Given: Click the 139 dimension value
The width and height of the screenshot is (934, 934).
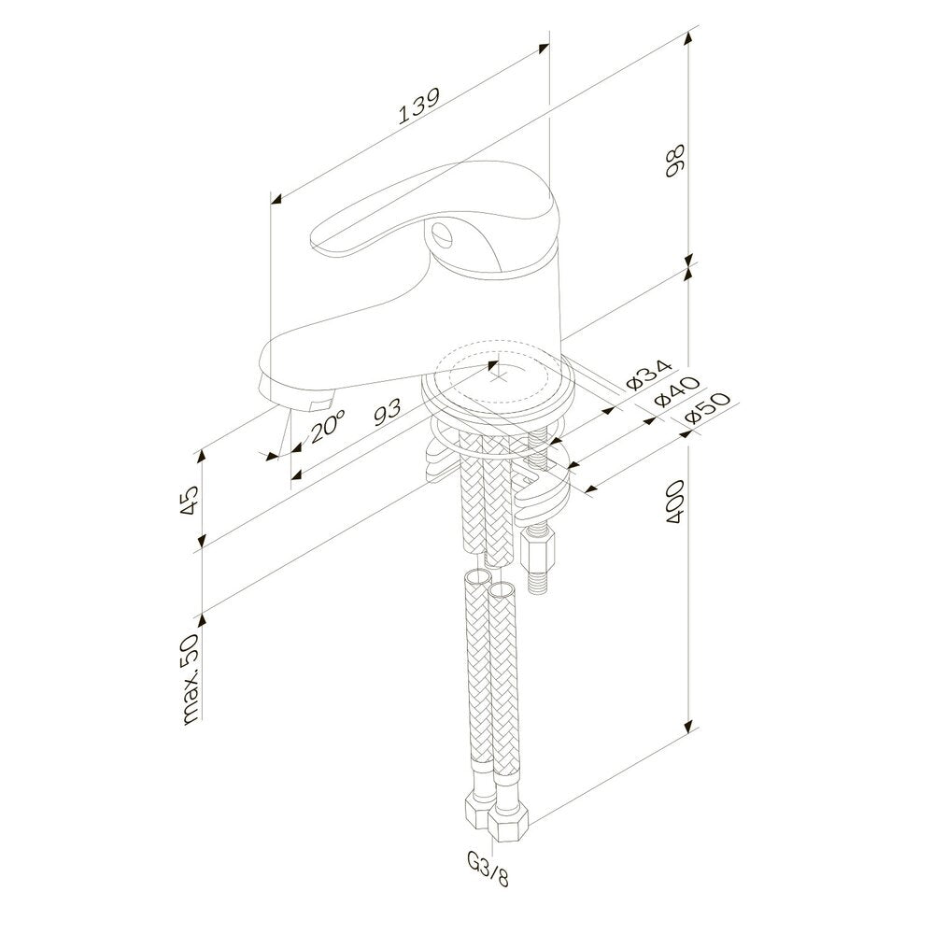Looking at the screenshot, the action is point(418,106).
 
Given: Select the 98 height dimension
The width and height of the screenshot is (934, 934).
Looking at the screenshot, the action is point(675,161).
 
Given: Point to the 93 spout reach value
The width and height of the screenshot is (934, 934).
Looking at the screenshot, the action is point(388,411).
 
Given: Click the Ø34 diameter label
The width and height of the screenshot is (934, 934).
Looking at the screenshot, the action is point(649,375).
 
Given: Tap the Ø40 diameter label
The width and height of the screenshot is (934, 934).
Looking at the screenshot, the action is point(676,392).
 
